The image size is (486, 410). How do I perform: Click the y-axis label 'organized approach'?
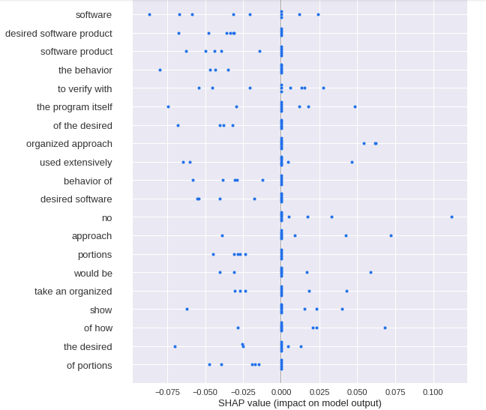(69, 143)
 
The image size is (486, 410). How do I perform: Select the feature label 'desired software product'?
(58, 33)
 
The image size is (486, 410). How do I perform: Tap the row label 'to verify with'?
(85, 88)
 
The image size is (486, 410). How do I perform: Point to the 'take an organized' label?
(73, 291)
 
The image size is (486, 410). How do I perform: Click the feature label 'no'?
(107, 217)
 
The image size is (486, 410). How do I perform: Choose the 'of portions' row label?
(89, 365)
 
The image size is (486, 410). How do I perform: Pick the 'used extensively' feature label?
(76, 162)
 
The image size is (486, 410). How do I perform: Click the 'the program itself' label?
(74, 106)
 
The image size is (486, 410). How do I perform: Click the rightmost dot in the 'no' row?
(451, 217)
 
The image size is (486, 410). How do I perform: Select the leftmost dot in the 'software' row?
(149, 14)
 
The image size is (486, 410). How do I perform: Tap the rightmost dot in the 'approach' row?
(391, 235)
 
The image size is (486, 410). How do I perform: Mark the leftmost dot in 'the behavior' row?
(160, 70)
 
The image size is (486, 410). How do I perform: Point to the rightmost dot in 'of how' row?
(385, 328)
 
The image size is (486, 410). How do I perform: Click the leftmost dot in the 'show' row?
(187, 309)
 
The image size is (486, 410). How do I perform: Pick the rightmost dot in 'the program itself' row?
(355, 106)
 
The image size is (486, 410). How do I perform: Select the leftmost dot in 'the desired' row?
(175, 346)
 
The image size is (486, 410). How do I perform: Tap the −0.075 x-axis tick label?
(166, 392)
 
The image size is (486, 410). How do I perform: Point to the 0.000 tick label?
(281, 392)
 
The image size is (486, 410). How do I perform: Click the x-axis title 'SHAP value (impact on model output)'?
(299, 403)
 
